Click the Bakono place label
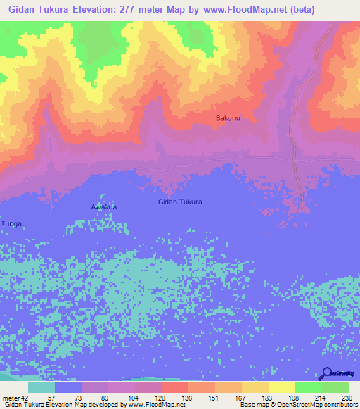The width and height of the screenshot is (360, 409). pos(227,118)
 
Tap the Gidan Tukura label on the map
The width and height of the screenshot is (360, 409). pos(180,202)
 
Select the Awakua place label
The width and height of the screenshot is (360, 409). pos(104,207)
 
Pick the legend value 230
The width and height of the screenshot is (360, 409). pos(345,398)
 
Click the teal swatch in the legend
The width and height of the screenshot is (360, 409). pos(41,387)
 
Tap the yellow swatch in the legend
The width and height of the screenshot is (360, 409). pos(281,387)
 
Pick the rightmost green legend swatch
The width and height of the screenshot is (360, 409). pos(335,387)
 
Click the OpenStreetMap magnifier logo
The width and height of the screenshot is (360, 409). pos(326,374)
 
